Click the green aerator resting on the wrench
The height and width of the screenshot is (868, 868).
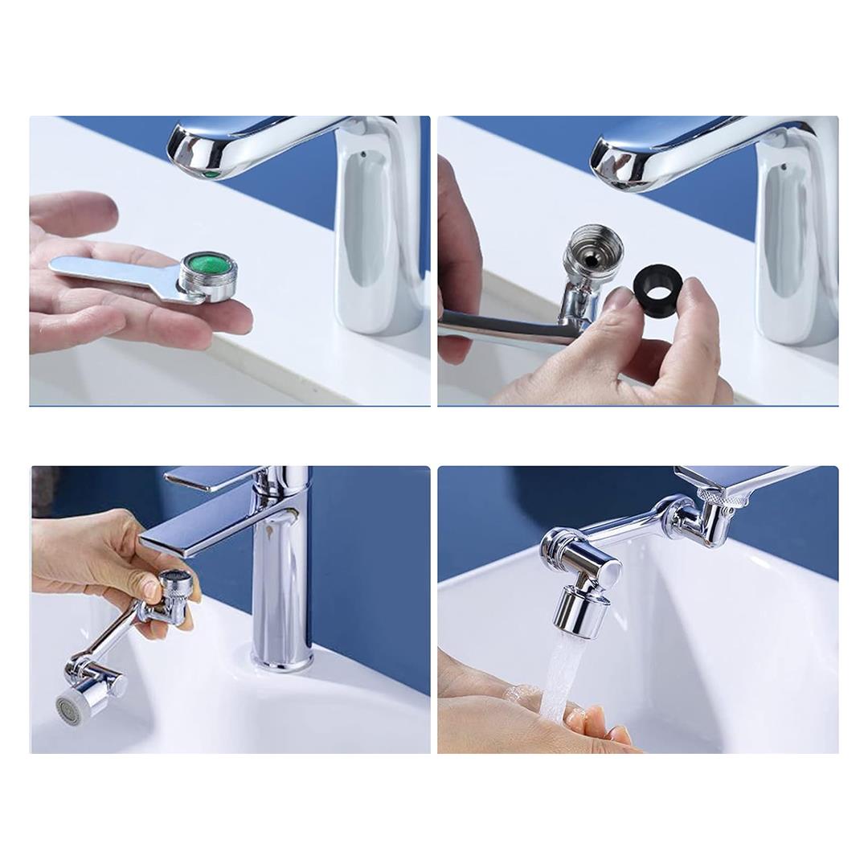pyautogui.click(x=207, y=267)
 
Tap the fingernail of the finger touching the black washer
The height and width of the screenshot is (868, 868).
pyautogui.click(x=620, y=299)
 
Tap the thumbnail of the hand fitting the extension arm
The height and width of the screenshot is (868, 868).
pyautogui.click(x=150, y=591)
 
